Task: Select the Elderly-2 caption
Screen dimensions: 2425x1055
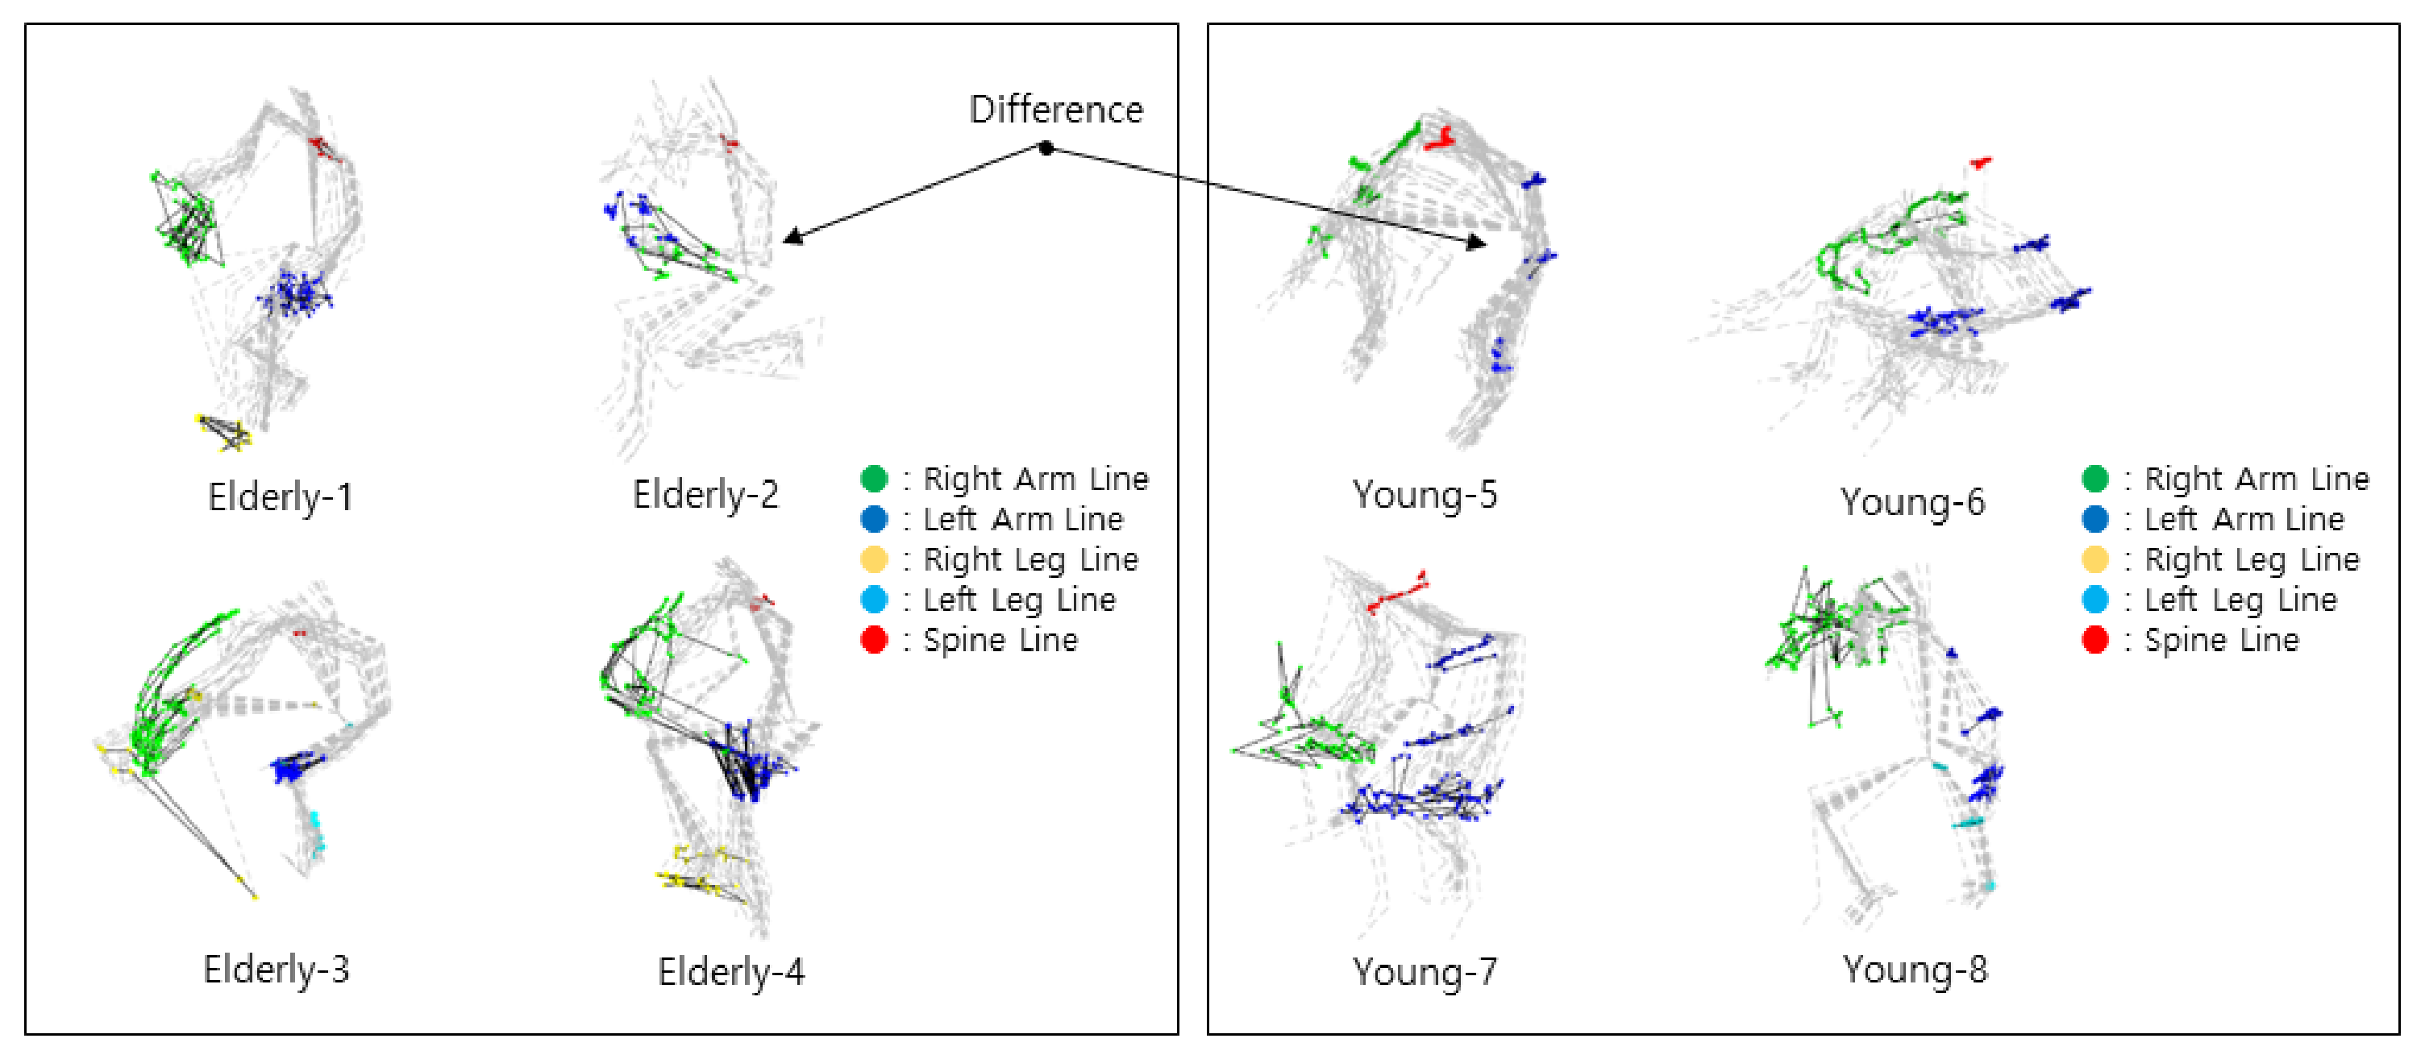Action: coord(705,495)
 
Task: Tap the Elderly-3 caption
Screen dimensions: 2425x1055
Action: coord(276,970)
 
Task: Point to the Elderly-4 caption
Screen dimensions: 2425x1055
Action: coord(730,971)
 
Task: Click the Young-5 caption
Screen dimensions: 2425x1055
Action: coord(1424,495)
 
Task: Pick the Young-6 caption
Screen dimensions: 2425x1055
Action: coord(1912,501)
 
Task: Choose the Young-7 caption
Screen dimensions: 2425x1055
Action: coord(1424,971)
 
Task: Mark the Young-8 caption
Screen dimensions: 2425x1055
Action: coord(1914,970)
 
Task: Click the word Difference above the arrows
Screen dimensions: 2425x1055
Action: coord(1055,110)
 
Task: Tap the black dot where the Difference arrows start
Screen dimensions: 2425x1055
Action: coord(1046,147)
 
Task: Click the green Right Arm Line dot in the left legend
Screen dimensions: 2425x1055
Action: coord(874,479)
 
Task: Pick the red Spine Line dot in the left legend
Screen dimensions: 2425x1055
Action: coord(874,640)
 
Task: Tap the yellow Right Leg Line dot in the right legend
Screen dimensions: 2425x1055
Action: coord(2094,559)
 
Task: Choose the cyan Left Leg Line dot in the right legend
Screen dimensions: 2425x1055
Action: coord(2094,600)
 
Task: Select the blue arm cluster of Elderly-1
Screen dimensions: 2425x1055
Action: coord(294,294)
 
